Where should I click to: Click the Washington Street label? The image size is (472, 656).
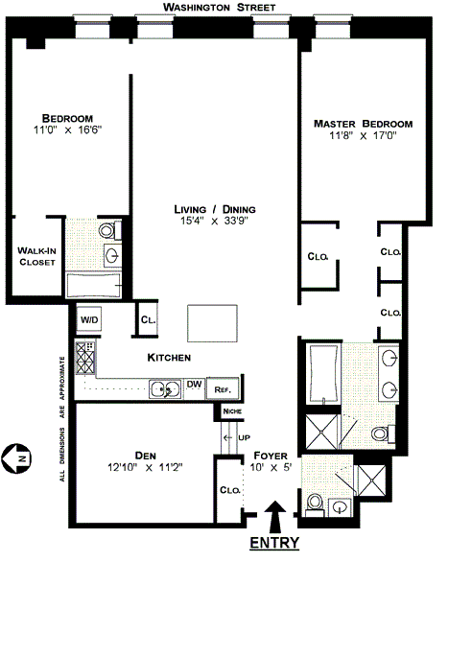pyautogui.click(x=220, y=8)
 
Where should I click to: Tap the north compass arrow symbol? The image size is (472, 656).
pyautogui.click(x=16, y=458)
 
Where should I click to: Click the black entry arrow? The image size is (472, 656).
pyautogui.click(x=275, y=516)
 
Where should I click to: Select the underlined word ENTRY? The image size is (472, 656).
pyautogui.click(x=274, y=543)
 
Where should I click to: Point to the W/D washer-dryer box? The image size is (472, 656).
pyautogui.click(x=89, y=320)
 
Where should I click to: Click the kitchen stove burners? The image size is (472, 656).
pyautogui.click(x=85, y=358)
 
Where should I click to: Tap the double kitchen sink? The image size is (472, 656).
pyautogui.click(x=165, y=389)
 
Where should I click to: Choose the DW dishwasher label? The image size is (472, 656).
pyautogui.click(x=194, y=384)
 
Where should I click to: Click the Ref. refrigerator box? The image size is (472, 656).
pyautogui.click(x=223, y=389)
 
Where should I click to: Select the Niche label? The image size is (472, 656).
pyautogui.click(x=232, y=411)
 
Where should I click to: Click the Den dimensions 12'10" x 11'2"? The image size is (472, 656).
pyautogui.click(x=145, y=467)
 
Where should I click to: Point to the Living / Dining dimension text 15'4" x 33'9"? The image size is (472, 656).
pyautogui.click(x=214, y=221)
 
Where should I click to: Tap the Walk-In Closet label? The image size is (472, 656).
pyautogui.click(x=36, y=256)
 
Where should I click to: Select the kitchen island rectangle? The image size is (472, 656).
pyautogui.click(x=213, y=323)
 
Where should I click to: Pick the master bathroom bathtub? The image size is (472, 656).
pyautogui.click(x=323, y=373)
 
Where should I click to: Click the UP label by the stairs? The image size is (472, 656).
pyautogui.click(x=244, y=437)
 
